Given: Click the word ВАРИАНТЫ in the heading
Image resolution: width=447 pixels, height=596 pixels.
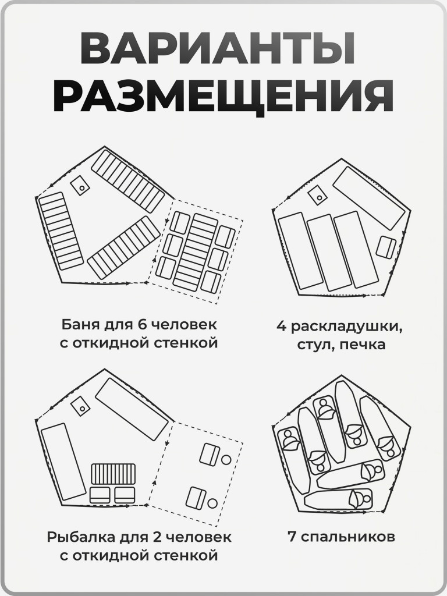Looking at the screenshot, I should (x=217, y=49).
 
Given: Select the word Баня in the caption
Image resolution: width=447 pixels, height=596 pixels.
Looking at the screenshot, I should (x=79, y=324).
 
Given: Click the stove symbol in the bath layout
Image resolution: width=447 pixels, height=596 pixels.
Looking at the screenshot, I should (x=79, y=186).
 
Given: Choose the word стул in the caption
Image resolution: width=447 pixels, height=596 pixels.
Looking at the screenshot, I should (x=314, y=345).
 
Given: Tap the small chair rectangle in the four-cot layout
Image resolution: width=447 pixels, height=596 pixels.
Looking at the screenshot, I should (x=385, y=247).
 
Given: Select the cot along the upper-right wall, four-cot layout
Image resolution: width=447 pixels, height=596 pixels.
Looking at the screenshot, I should (x=368, y=198).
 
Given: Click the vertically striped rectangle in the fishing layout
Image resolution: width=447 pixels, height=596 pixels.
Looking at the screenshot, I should (x=113, y=474).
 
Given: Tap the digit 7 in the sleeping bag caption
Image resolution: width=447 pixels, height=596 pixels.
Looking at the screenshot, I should (x=292, y=536).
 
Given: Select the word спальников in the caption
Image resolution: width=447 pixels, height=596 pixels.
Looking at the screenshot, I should (x=347, y=536).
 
